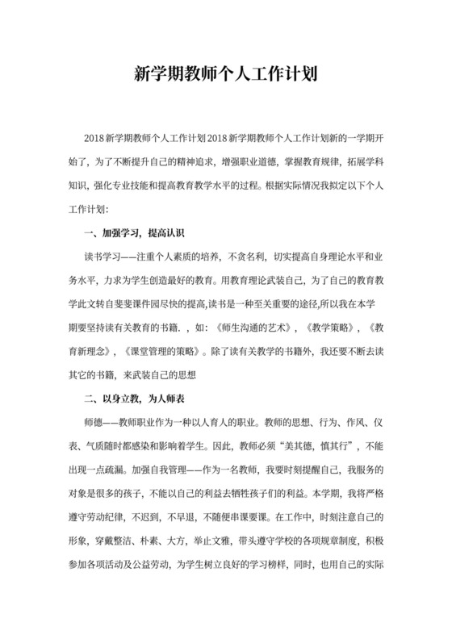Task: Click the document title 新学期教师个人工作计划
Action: [225, 75]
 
